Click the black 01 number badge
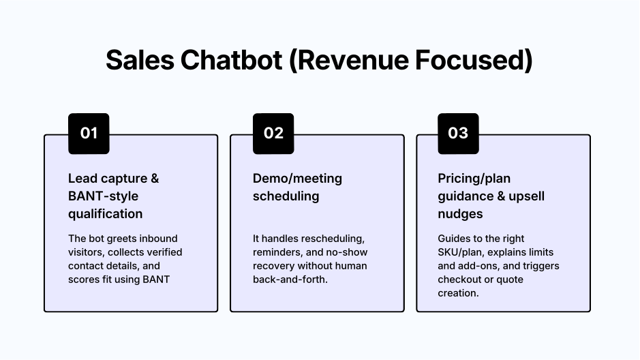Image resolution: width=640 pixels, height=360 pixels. point(89,134)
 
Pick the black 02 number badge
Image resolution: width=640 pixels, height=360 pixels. point(273,134)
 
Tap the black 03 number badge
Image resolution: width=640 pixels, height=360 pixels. point(458,134)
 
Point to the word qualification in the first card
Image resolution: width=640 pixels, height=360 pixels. point(105,214)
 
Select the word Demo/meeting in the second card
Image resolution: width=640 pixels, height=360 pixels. point(297,179)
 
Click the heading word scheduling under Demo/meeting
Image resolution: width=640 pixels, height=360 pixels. point(286,196)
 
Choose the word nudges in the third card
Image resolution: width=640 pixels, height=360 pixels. point(460,214)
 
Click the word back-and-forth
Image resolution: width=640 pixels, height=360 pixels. point(290,280)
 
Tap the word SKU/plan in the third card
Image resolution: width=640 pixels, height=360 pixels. point(459,252)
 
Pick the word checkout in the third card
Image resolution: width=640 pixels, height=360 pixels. point(461,280)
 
